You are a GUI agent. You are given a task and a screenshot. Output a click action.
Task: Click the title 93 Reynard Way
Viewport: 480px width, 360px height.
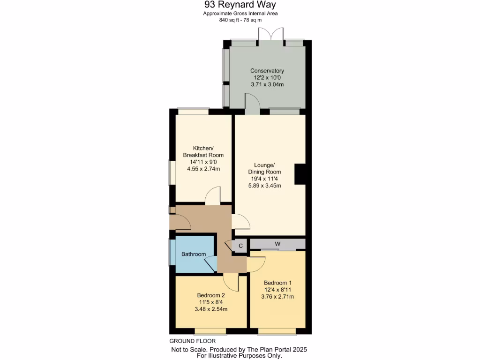[x=240, y=5]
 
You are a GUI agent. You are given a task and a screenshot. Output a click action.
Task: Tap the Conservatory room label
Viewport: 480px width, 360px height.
[x=267, y=71]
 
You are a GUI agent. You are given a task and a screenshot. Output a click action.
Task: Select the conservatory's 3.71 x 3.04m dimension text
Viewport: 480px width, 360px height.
[x=267, y=84]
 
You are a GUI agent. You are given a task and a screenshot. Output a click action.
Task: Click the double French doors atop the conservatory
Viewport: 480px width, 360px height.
[x=271, y=35]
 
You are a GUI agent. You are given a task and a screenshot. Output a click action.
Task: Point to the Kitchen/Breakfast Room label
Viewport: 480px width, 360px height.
[x=203, y=151]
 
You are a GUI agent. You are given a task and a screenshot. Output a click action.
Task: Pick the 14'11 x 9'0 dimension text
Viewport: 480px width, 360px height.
[x=203, y=162]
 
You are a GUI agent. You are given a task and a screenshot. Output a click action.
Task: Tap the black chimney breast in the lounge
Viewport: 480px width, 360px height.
[x=300, y=174]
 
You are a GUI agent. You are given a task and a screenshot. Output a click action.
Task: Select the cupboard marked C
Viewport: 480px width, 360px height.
[x=240, y=245]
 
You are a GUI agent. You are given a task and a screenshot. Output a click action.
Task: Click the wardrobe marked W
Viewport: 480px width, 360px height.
[x=277, y=244]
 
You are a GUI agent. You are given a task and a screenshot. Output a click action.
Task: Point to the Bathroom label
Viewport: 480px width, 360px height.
[x=194, y=254]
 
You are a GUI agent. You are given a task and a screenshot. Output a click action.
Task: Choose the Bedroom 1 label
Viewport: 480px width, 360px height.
[x=277, y=283]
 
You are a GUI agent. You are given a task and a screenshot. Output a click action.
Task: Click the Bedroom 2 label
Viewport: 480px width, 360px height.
[x=211, y=295]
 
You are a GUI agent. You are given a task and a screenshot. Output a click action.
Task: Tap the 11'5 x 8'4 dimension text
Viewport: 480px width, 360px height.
[x=211, y=302]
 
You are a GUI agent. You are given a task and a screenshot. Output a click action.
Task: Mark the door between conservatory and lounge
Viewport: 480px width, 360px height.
[x=252, y=103]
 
